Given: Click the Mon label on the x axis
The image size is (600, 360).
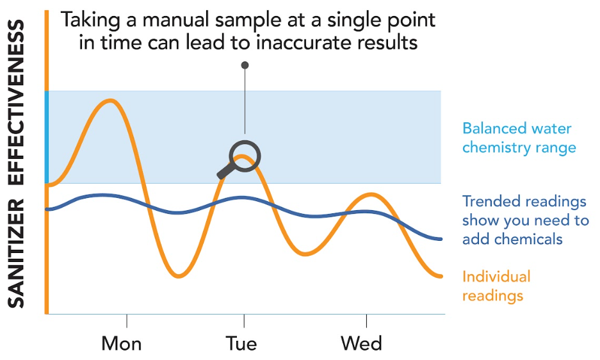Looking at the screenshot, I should click(x=122, y=343).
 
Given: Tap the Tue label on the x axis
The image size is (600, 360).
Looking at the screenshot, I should click(x=241, y=343).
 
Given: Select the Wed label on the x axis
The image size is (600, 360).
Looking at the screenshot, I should click(x=361, y=343).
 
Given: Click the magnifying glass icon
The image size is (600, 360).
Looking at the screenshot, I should click(x=245, y=156).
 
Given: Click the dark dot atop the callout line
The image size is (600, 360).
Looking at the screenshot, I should click(x=245, y=65).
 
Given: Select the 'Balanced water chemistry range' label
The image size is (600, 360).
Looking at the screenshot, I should click(x=519, y=138).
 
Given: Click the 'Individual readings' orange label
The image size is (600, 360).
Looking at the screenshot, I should click(x=496, y=286).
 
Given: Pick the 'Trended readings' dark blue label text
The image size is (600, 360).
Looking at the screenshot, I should click(x=524, y=202).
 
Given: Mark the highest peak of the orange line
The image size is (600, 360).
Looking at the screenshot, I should click(x=110, y=101).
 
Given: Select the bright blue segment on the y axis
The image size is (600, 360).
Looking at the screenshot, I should click(x=47, y=137).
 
